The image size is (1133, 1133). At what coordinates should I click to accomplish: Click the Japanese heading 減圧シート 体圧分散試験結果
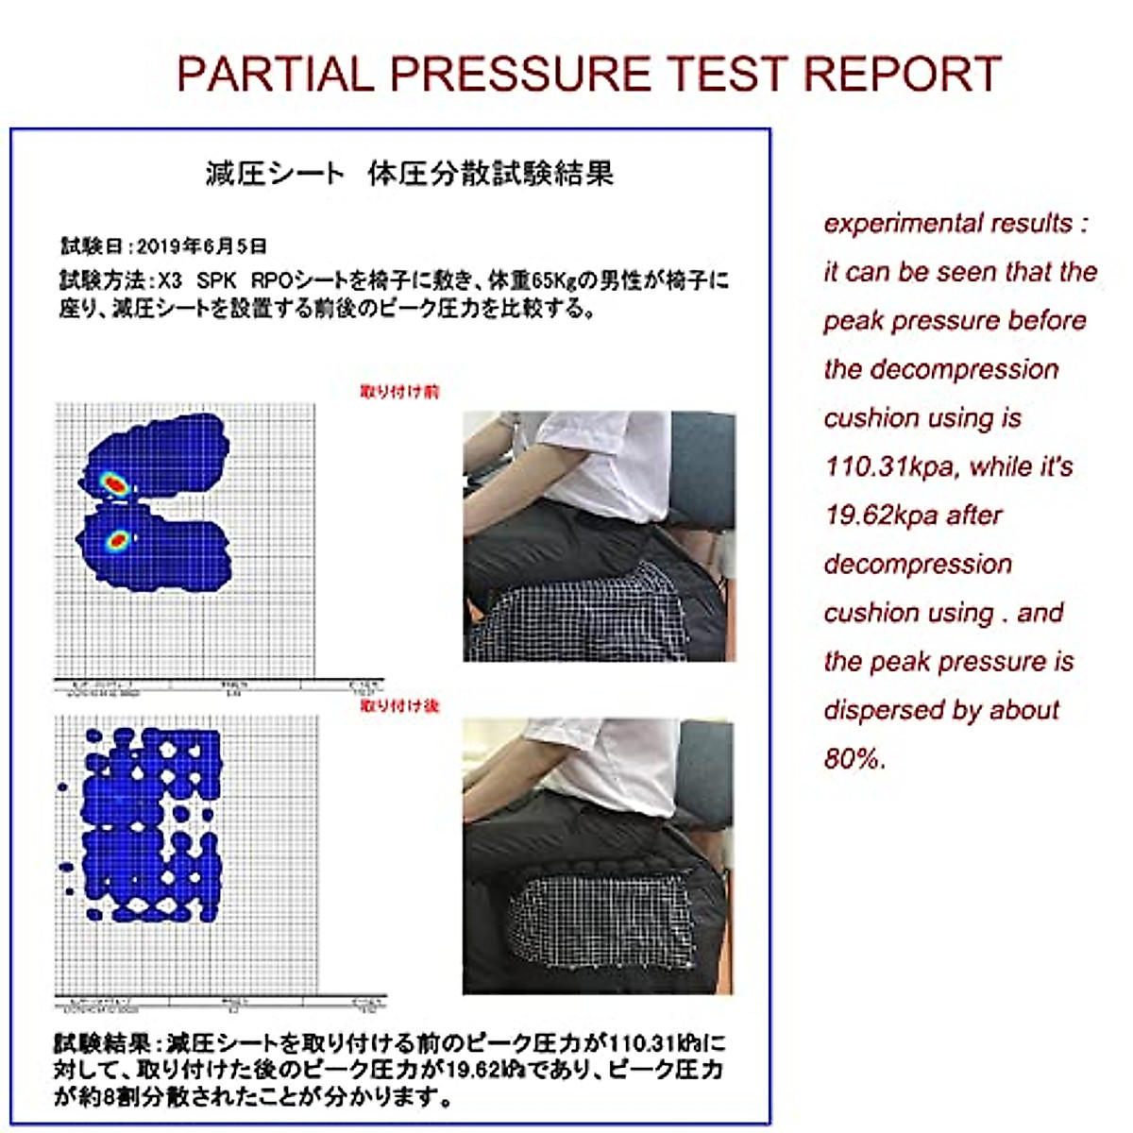click(x=410, y=174)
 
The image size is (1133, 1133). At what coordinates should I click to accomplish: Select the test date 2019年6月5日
click(x=201, y=247)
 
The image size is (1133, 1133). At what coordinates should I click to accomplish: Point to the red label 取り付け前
click(x=399, y=392)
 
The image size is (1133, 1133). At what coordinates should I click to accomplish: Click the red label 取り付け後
click(x=399, y=705)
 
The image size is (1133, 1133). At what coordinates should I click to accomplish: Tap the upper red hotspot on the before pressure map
click(x=114, y=483)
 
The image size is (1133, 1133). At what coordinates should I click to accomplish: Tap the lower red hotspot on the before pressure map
click(x=118, y=541)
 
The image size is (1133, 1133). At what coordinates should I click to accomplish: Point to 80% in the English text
click(x=854, y=759)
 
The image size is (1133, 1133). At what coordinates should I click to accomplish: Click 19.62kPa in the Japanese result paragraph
click(x=484, y=1070)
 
